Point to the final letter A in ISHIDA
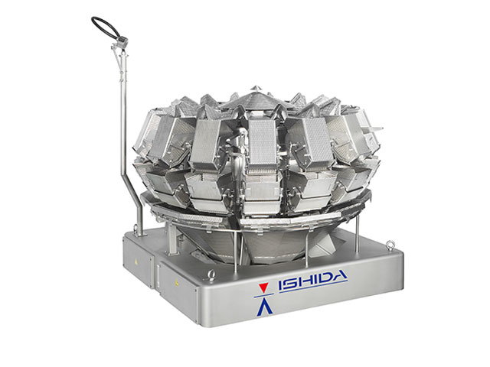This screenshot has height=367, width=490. coord(338,277)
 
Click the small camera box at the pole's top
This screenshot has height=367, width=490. coord(122,41)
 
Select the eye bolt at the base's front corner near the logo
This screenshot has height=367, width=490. coord(211,275)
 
